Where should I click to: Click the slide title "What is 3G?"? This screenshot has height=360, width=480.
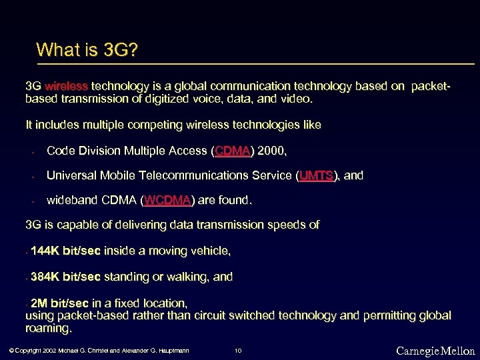pyautogui.click(x=87, y=50)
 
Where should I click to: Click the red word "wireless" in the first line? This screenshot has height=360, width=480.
pyautogui.click(x=67, y=86)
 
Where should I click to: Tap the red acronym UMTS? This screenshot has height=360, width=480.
pyautogui.click(x=317, y=176)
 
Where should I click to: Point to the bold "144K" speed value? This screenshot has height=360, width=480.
pyautogui.click(x=45, y=251)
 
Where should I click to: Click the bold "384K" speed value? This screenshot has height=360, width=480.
pyautogui.click(x=45, y=277)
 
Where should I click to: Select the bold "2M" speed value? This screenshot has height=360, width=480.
pyautogui.click(x=39, y=303)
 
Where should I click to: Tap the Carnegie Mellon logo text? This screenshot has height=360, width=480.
pyautogui.click(x=435, y=351)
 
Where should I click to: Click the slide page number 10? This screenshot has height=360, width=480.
pyautogui.click(x=238, y=351)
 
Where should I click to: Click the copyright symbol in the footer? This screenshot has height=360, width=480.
pyautogui.click(x=11, y=351)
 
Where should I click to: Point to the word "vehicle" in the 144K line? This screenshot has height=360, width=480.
pyautogui.click(x=211, y=251)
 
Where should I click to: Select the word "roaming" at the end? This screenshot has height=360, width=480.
pyautogui.click(x=47, y=329)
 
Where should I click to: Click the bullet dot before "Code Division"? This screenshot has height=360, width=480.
pyautogui.click(x=32, y=152)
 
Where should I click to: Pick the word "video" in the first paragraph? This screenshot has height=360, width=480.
pyautogui.click(x=296, y=99)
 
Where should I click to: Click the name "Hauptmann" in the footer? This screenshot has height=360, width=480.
pyautogui.click(x=171, y=351)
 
